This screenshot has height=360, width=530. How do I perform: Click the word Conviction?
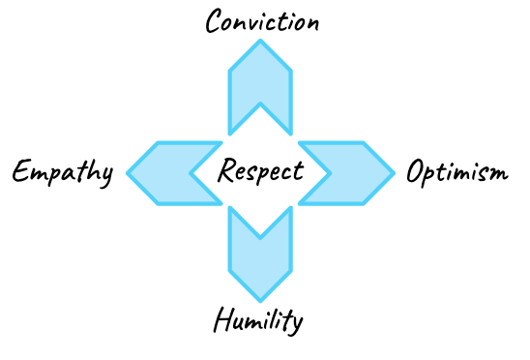tap(261, 21)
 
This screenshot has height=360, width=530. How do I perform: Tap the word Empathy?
tap(63, 174)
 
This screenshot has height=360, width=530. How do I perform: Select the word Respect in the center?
tap(260, 173)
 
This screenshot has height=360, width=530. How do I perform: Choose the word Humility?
tap(258, 320)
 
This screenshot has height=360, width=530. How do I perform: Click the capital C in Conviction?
tap(216, 21)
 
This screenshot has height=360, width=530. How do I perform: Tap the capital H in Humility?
tap(223, 319)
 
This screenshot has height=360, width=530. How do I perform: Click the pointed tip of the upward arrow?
tap(260, 42)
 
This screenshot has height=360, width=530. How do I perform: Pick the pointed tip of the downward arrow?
tap(260, 302)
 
